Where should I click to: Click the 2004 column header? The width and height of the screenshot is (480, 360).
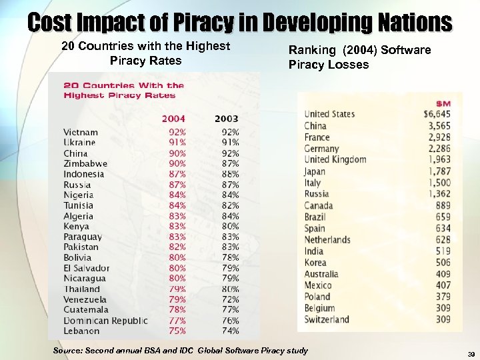173,119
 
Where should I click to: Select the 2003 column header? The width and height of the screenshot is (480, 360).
226,119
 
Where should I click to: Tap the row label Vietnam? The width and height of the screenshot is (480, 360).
81,132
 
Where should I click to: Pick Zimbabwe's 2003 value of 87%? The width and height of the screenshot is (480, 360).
229,163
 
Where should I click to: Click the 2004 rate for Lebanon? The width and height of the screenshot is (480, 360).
177,331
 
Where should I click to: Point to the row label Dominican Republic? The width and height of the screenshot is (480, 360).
105,321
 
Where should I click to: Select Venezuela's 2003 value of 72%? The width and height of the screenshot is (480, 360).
229,299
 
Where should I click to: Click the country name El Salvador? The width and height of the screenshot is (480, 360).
87,268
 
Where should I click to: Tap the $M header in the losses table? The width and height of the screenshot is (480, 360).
443,103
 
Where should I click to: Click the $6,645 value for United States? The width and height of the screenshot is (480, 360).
437,114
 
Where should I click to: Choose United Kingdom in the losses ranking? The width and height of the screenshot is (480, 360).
335,159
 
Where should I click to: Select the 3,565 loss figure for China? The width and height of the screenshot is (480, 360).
439,125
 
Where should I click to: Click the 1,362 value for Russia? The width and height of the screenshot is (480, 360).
439,194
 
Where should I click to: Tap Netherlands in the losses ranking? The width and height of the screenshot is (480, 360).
327,239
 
